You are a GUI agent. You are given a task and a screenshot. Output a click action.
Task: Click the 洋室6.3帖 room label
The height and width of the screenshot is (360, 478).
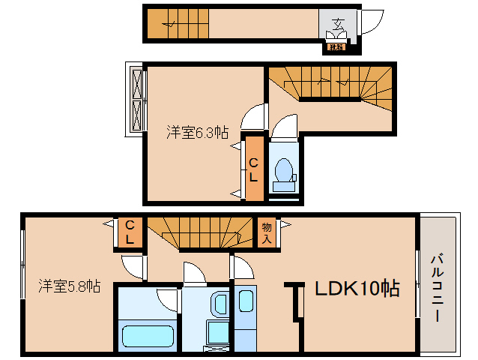pos(197,133)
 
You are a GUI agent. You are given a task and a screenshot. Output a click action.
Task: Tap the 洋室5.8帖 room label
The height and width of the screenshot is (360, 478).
pos(70,286)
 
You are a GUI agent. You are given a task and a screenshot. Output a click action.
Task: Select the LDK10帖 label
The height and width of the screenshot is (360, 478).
pos(356,288)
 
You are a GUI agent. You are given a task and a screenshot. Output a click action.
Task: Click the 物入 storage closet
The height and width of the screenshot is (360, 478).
pos(265,232)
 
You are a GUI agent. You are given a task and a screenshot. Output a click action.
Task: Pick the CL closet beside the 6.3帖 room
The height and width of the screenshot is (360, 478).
pos(254,169)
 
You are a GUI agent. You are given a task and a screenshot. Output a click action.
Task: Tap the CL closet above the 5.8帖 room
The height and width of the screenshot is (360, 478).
pos(130,232)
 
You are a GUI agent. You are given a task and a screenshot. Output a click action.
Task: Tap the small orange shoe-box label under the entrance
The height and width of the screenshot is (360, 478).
pos(335,48)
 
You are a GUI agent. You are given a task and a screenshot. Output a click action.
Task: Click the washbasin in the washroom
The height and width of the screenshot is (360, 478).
pos(219,304)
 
